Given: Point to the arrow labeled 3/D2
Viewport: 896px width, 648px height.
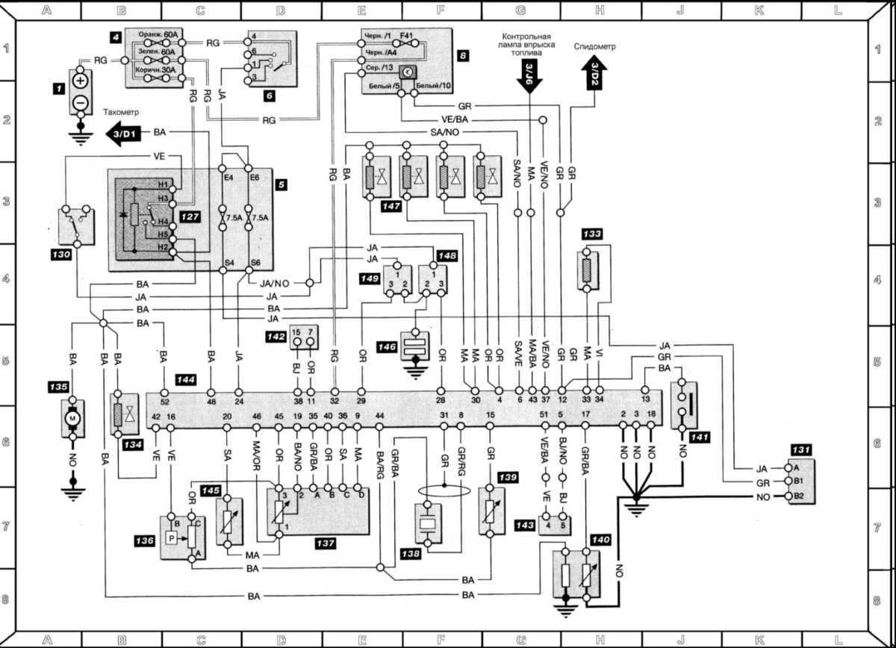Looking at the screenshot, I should pyautogui.click(x=594, y=73).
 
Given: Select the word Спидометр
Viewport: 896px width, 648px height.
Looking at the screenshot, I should pyautogui.click(x=595, y=46).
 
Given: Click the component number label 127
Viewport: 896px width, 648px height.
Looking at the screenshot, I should pyautogui.click(x=187, y=216).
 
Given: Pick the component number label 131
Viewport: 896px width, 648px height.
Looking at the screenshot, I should pyautogui.click(x=800, y=450).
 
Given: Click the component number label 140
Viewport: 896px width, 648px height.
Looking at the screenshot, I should pyautogui.click(x=600, y=538).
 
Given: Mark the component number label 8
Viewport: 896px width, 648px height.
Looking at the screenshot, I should pyautogui.click(x=463, y=55).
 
